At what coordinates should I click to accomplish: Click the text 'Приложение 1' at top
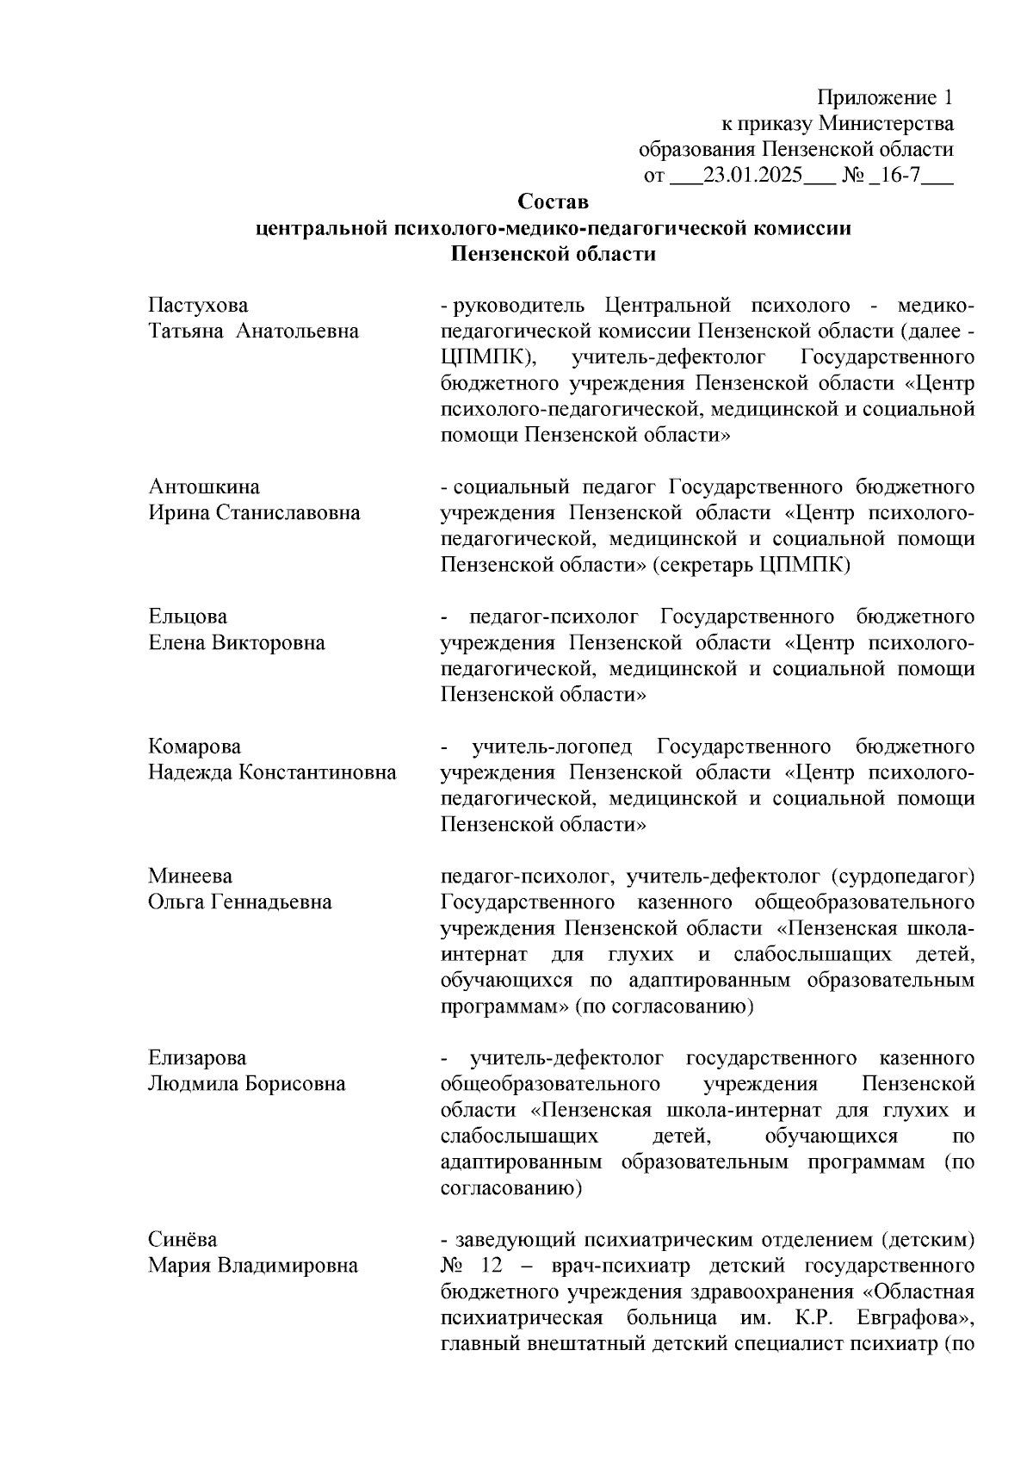pyautogui.click(x=885, y=96)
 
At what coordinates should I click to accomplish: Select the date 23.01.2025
pyautogui.click(x=752, y=176)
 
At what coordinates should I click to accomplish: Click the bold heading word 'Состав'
pyautogui.click(x=553, y=201)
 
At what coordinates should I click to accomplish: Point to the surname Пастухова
pyautogui.click(x=198, y=305)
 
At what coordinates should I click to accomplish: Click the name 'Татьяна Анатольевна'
pyautogui.click(x=253, y=331)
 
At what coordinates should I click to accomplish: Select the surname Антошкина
pyautogui.click(x=203, y=486)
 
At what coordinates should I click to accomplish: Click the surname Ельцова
pyautogui.click(x=188, y=616)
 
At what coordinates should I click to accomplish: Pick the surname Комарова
pyautogui.click(x=195, y=746)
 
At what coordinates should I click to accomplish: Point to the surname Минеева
pyautogui.click(x=190, y=876)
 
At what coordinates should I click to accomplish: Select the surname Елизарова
pyautogui.click(x=197, y=1057)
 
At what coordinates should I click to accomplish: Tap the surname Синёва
pyautogui.click(x=182, y=1239)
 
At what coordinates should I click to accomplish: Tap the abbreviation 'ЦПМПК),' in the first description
pyautogui.click(x=482, y=357)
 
